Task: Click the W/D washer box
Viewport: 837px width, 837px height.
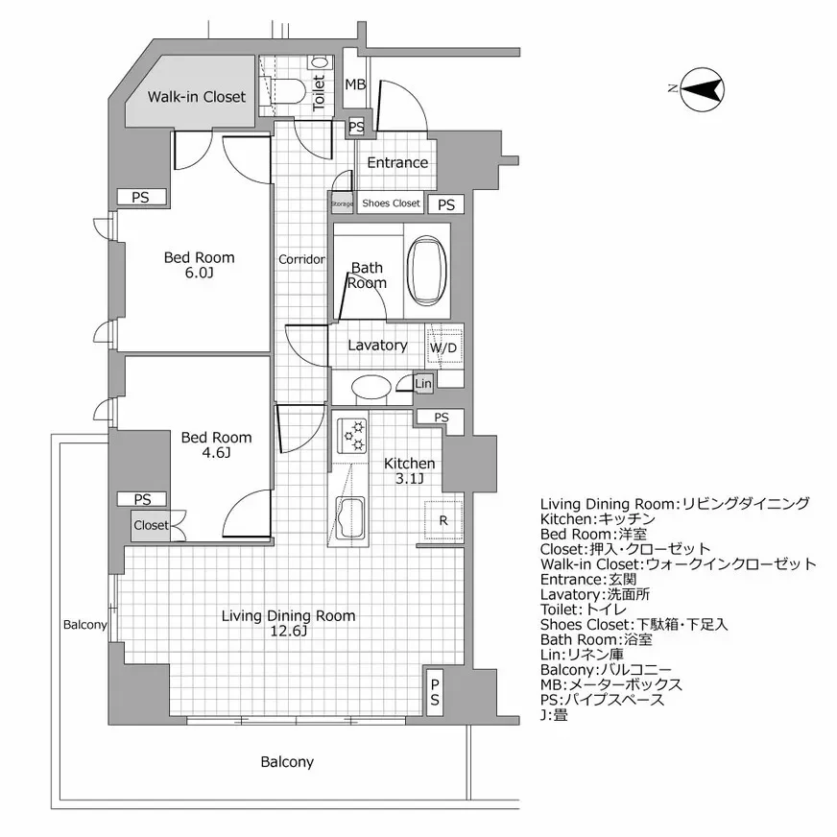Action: click(x=442, y=347)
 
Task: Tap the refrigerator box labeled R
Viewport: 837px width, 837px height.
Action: click(x=442, y=521)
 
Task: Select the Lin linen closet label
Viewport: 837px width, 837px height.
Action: click(x=423, y=384)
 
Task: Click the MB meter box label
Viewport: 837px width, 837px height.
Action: click(x=355, y=85)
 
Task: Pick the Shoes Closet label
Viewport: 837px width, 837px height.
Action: click(x=391, y=203)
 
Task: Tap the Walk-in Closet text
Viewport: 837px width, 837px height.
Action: click(x=197, y=96)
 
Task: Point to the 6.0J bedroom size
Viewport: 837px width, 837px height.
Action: click(x=199, y=273)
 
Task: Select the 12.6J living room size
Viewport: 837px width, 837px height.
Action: click(x=288, y=631)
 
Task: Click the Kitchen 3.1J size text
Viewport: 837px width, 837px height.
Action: click(x=410, y=479)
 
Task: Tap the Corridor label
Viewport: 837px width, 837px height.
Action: click(x=301, y=259)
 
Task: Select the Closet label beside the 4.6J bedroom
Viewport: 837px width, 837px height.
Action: click(x=151, y=525)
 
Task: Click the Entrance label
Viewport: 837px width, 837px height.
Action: click(x=397, y=162)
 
